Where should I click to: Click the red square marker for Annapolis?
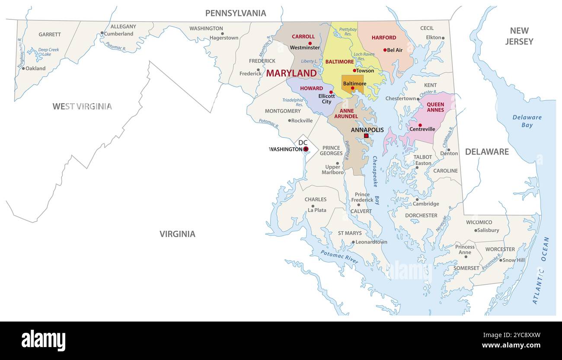[366, 136]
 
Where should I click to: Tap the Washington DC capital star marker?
[306, 149]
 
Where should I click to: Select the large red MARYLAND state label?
[291, 73]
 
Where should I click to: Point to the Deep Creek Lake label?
[48, 52]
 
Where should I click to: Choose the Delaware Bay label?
[527, 121]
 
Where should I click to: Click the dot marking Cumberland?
[102, 33]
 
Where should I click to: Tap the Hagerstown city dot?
[223, 33]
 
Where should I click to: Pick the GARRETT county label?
[50, 34]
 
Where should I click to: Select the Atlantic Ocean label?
[541, 270]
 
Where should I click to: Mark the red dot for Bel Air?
[385, 50]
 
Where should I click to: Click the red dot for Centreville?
[420, 125]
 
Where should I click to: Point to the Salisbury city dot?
[476, 230]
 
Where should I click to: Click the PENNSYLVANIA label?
[236, 13]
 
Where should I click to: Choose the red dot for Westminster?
[310, 43]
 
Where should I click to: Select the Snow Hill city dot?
[501, 260]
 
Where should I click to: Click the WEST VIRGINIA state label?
[82, 106]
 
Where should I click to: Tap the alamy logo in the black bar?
[43, 341]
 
